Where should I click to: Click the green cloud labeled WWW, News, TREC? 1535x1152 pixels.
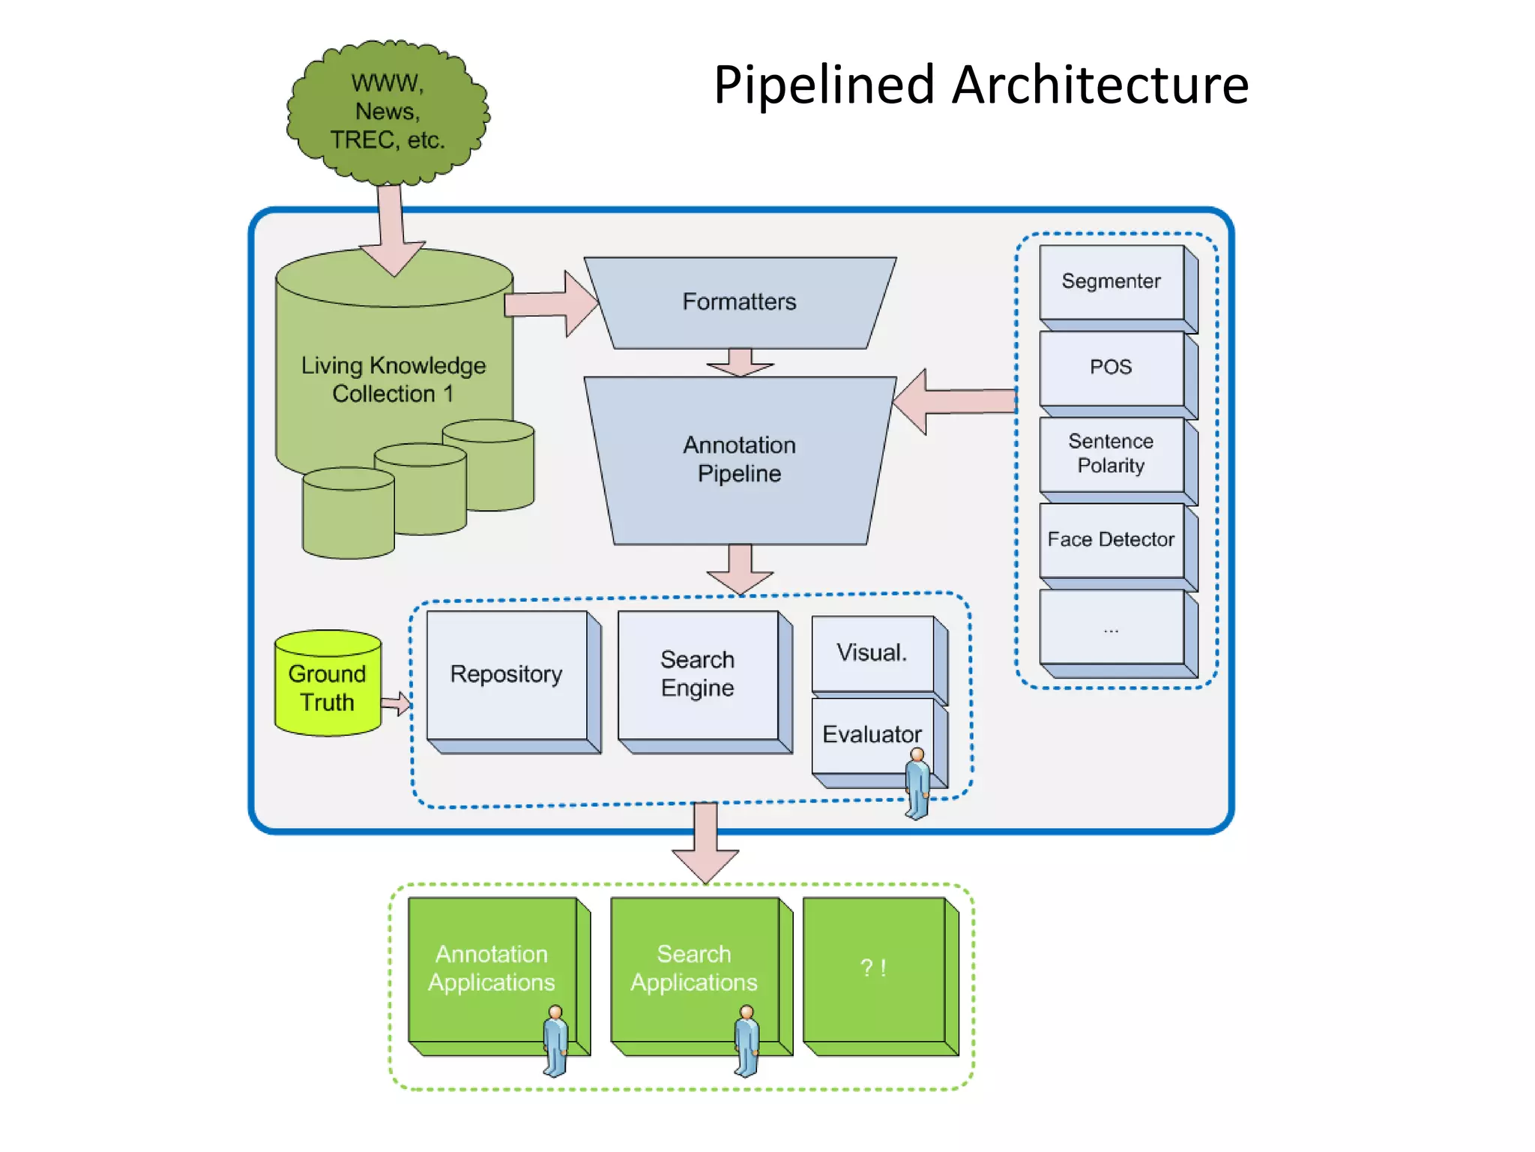tap(387, 112)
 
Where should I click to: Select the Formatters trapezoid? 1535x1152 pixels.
tap(740, 302)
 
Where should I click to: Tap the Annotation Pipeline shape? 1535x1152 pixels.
tap(740, 460)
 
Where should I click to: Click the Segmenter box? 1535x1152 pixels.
tap(1111, 282)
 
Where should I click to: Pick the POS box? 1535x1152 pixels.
tap(1111, 367)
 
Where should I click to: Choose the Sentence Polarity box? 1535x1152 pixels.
tap(1111, 454)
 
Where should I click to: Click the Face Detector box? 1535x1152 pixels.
tap(1111, 540)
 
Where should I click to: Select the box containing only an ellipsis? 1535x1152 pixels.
tap(1111, 627)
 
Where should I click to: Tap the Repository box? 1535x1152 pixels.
tap(507, 674)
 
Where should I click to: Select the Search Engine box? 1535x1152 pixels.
tap(698, 674)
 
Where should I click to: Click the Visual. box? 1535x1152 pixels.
tap(872, 653)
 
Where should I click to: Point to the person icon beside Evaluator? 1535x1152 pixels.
tap(917, 784)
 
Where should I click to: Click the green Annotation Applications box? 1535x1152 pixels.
tap(492, 967)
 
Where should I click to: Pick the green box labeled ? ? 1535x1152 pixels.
tap(873, 968)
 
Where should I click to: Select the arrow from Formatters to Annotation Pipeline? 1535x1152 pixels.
tap(740, 362)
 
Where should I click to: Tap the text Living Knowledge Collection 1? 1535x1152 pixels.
tap(393, 379)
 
